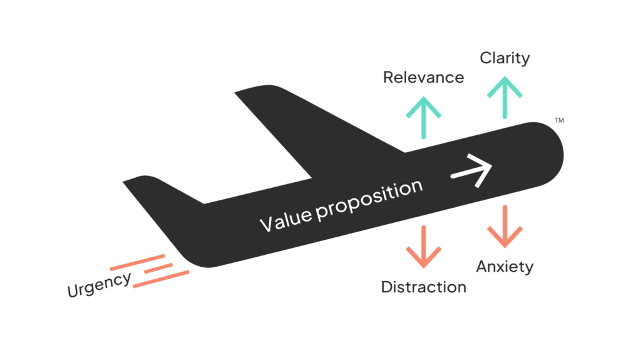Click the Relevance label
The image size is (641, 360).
[x=424, y=78]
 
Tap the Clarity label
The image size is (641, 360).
[x=505, y=58]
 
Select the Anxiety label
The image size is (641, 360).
[x=505, y=267]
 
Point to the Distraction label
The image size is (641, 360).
[x=424, y=287]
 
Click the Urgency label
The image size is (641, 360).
[x=100, y=285]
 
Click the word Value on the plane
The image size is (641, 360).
[x=285, y=219]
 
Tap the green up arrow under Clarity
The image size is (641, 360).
[x=505, y=96]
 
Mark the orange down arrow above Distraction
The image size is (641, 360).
[x=424, y=246]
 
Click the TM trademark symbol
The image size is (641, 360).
[x=559, y=120]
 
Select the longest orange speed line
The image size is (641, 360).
[x=161, y=279]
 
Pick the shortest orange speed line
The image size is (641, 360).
[x=158, y=268]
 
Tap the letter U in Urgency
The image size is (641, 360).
[x=73, y=291]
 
